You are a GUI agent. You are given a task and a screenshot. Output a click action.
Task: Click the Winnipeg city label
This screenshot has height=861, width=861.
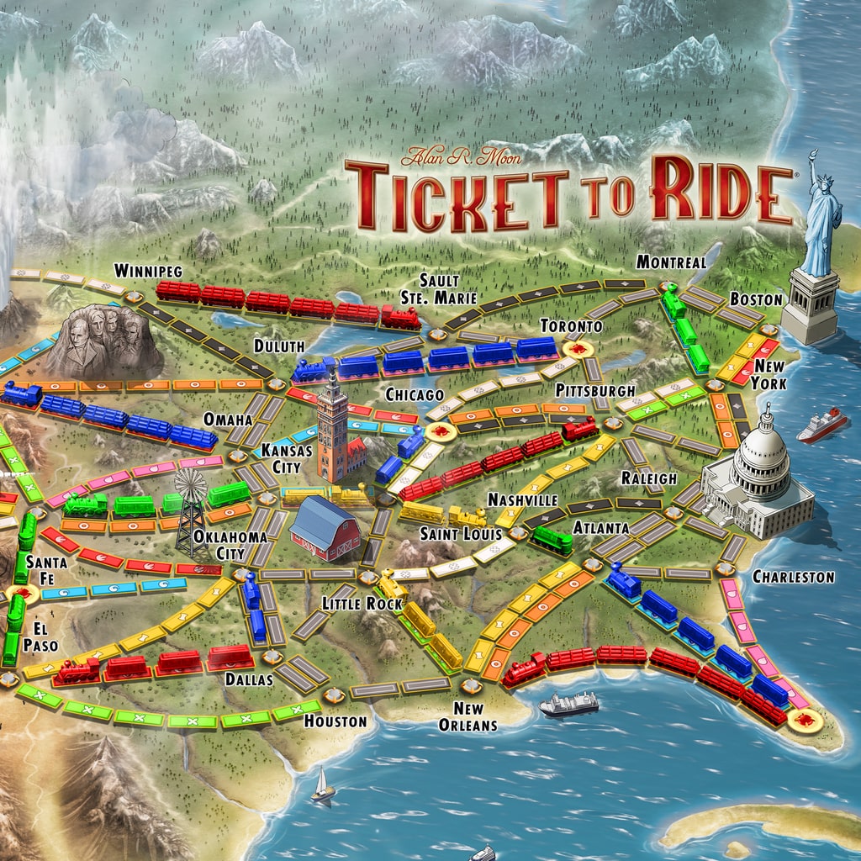tap(148, 271)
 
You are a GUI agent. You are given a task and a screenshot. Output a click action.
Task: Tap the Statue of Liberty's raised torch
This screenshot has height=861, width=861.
tap(813, 156)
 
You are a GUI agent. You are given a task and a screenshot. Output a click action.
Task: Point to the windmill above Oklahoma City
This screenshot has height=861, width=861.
tap(191, 488)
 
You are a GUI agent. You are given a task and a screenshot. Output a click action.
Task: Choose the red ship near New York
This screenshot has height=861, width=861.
tap(821, 425)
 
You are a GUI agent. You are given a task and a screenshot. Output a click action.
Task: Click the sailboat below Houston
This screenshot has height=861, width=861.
tap(322, 787)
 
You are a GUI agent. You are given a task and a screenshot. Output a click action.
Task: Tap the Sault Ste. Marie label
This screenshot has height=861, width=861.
tap(449, 288)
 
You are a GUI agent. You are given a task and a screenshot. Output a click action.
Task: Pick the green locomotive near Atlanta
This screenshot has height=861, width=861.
tap(552, 539)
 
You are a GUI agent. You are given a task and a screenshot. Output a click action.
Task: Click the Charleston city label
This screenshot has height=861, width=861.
tap(792, 577)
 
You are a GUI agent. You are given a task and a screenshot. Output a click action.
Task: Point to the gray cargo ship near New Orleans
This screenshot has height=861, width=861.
tap(568, 704)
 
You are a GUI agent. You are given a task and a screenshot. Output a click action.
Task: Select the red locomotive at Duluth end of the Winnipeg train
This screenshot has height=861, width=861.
tap(400, 317)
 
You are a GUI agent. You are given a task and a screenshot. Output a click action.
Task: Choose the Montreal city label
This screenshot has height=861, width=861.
tap(670, 261)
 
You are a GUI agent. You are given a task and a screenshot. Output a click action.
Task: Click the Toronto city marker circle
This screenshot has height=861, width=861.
tap(578, 348)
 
